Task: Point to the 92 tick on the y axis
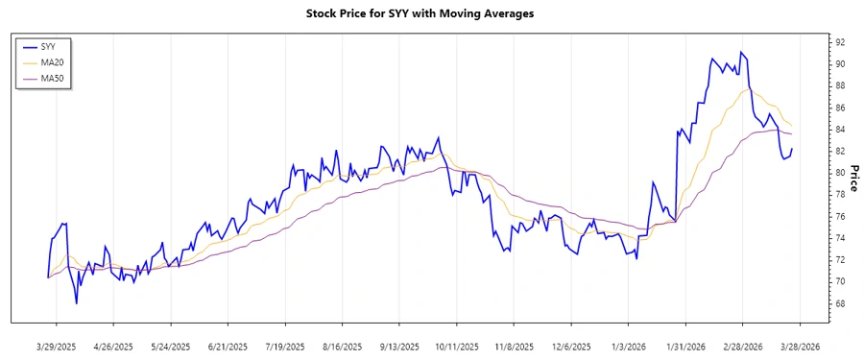[x=839, y=42]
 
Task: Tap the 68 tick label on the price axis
[x=839, y=303]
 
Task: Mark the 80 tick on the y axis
[x=839, y=173]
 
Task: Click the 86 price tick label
[x=839, y=108]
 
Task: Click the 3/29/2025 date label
[x=57, y=346]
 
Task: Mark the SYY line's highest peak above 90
[x=740, y=52]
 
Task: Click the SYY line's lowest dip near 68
[x=77, y=303]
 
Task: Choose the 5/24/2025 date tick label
[x=171, y=346]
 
